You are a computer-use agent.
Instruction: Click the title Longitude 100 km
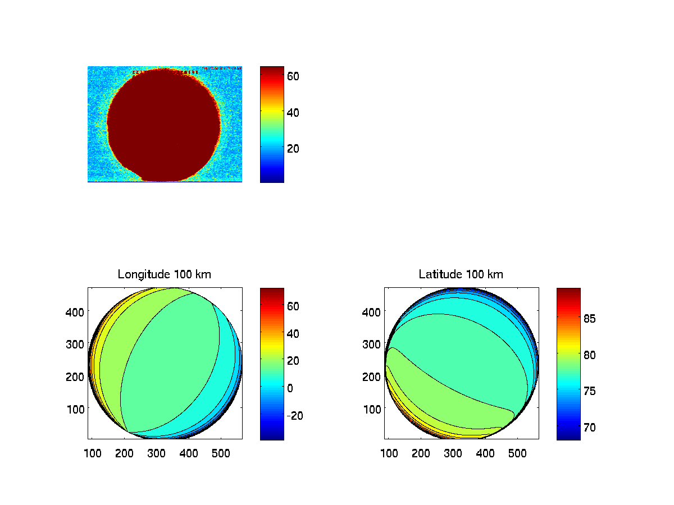coord(165,274)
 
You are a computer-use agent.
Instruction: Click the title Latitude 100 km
coord(461,274)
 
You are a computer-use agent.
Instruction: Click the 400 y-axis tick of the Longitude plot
coord(76,311)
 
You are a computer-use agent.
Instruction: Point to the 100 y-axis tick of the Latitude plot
coord(372,408)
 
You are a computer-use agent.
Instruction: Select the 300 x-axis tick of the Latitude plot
coord(453,453)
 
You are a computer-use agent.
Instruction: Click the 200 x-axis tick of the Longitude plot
coord(124,453)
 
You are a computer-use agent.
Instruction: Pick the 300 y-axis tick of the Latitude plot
coord(372,344)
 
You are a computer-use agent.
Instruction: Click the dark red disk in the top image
coord(163,123)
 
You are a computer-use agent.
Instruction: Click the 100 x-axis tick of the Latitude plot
coord(389,453)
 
